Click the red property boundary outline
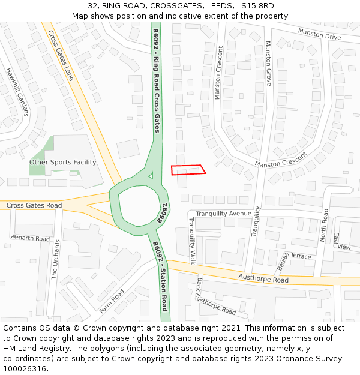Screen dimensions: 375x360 tap(188, 170)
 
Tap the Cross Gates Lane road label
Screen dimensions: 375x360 tap(60, 55)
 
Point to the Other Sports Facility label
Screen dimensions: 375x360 tap(63, 162)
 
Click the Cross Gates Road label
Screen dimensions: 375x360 tap(34, 206)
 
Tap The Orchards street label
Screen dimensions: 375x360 tap(55, 260)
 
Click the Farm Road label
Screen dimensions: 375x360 tap(112, 301)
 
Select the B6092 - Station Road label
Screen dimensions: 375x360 tap(160, 277)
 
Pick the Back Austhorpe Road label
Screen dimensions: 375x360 tap(216, 296)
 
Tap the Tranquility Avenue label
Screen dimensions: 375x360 tap(223, 214)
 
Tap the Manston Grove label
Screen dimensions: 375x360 tap(268, 63)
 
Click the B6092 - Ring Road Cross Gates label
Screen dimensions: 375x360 tap(156, 80)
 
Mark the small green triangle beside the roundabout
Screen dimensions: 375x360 tap(151, 175)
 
